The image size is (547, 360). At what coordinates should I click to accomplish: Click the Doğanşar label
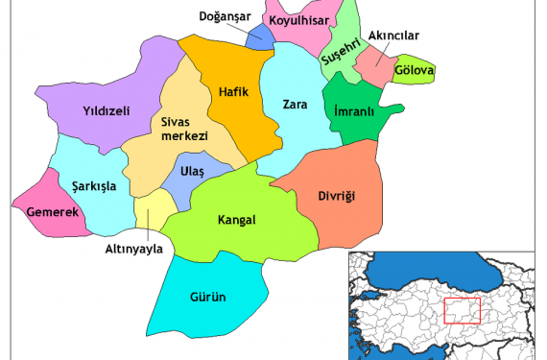click(x=224, y=16)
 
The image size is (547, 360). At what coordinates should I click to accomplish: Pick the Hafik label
click(x=234, y=91)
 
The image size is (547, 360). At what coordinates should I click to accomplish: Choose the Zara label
click(x=295, y=104)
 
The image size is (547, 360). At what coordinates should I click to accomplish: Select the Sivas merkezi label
click(x=184, y=130)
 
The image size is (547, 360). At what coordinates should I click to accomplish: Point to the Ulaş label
click(x=192, y=171)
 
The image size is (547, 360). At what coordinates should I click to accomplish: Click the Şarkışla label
click(x=93, y=186)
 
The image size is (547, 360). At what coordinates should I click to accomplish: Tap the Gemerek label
click(x=52, y=211)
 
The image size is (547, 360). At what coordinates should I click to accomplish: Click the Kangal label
click(x=237, y=220)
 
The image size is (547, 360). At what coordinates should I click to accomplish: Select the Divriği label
click(x=336, y=197)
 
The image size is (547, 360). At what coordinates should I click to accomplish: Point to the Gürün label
click(x=206, y=297)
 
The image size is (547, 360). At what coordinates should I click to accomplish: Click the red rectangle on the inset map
click(x=463, y=311)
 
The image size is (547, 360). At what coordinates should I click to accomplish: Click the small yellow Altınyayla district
click(x=149, y=209)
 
